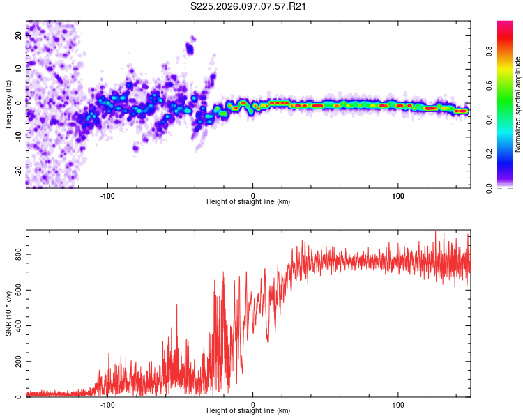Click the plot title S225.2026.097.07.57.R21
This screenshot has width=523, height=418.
pos(249,6)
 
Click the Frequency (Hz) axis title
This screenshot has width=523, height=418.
pos(8,104)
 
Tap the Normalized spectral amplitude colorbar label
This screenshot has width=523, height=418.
pos(518,104)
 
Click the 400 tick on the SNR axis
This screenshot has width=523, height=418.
pos(17,326)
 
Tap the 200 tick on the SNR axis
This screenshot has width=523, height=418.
pos(17,362)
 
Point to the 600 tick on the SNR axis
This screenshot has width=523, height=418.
pos(17,291)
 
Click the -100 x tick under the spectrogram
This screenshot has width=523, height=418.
pos(107,195)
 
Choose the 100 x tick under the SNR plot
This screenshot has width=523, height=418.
pos(398,404)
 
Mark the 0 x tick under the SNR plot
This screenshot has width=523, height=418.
pos(252,404)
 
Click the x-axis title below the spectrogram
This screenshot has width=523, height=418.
pos(248,202)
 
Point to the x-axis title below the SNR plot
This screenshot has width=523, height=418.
pos(248,411)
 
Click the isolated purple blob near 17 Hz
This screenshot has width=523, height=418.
pos(190,48)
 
